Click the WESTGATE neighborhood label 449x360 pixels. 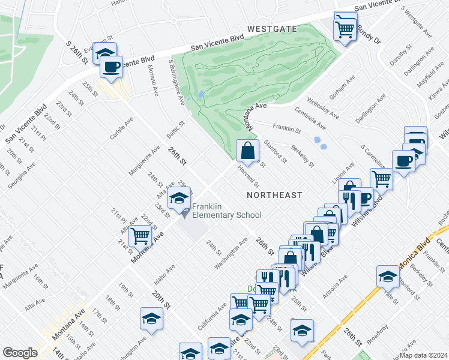click(x=273, y=28)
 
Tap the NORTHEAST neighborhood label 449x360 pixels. click(x=274, y=195)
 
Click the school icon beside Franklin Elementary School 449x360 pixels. click(x=179, y=198)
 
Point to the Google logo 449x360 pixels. click(x=20, y=353)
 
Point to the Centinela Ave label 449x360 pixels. click(x=310, y=118)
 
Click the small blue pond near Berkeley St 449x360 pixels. click(x=320, y=142)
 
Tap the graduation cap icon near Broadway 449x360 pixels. click(x=388, y=276)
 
